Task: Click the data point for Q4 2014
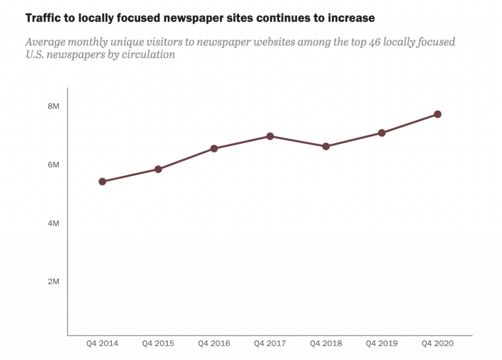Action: pyautogui.click(x=102, y=182)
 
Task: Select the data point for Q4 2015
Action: pyautogui.click(x=158, y=169)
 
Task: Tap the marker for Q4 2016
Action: pyautogui.click(x=214, y=148)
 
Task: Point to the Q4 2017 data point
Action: pyautogui.click(x=270, y=136)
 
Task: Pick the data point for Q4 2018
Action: pyautogui.click(x=326, y=146)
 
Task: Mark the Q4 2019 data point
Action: pyautogui.click(x=382, y=133)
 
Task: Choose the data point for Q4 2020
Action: pyautogui.click(x=438, y=114)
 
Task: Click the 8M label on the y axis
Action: pyautogui.click(x=53, y=106)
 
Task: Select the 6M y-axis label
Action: pyautogui.click(x=53, y=165)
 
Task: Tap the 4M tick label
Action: pyautogui.click(x=53, y=223)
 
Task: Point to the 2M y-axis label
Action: pyautogui.click(x=53, y=282)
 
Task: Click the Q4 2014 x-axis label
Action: pyautogui.click(x=102, y=344)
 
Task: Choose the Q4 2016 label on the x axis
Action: pyautogui.click(x=214, y=344)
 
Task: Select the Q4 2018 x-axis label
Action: pyautogui.click(x=326, y=344)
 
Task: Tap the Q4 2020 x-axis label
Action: pyautogui.click(x=438, y=344)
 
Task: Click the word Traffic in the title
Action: pyautogui.click(x=43, y=18)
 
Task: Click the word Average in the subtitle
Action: pyautogui.click(x=44, y=42)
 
